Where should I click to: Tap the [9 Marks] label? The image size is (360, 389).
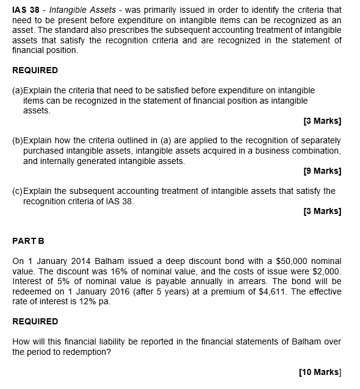coord(322,171)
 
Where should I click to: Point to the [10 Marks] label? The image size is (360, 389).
coord(320,372)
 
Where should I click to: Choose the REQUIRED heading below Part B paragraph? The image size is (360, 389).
coord(35,321)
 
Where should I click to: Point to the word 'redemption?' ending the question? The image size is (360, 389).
coord(87,352)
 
